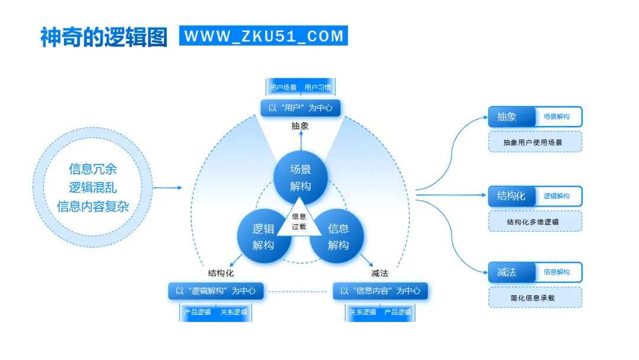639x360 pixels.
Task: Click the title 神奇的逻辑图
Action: coord(104,36)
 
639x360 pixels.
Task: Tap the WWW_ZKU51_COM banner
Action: coord(263,36)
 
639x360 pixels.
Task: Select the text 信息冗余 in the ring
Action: coord(93,169)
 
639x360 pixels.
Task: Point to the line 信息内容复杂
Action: coord(93,207)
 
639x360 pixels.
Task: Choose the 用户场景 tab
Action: coord(283,88)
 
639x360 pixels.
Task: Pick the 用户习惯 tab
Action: coord(318,88)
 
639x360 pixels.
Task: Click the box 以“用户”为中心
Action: coord(301,108)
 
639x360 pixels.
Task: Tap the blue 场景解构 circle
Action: coord(301,176)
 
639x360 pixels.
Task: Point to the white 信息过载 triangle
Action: coord(299,221)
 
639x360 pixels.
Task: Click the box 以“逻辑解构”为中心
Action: coord(215,291)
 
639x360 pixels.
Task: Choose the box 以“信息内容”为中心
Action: coord(380,291)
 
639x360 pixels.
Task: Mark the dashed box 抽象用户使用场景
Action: coord(535,142)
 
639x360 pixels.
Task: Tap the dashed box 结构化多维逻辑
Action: coord(535,221)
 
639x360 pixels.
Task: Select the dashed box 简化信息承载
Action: coord(535,297)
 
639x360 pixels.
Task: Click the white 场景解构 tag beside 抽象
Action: coord(557,117)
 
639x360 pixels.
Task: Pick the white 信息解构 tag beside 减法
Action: coord(557,272)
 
